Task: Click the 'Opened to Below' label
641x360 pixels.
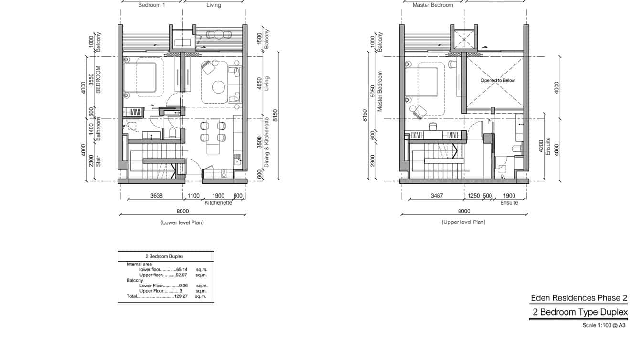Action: click(498, 80)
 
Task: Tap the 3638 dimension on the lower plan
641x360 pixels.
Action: click(157, 196)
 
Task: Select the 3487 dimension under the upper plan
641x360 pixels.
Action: click(437, 196)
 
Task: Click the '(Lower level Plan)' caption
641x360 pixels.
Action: click(182, 222)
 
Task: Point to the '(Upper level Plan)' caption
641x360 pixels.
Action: click(463, 222)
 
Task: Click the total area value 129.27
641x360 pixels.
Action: click(181, 296)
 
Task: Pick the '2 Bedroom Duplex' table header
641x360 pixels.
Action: click(164, 256)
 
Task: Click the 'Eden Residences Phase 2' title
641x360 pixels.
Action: click(579, 298)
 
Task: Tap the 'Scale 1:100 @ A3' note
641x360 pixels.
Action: click(604, 325)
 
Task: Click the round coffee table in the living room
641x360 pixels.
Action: click(218, 87)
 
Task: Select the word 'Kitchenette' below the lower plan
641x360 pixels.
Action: click(218, 203)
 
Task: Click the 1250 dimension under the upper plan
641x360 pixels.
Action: click(473, 196)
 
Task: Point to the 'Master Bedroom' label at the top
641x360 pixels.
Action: click(433, 5)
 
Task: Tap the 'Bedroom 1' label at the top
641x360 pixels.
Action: click(151, 5)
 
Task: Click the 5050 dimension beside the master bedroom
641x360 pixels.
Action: click(372, 91)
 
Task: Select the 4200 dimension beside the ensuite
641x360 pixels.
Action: click(541, 146)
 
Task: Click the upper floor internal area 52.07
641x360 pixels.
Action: click(181, 275)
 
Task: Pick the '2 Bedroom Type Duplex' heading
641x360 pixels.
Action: click(580, 312)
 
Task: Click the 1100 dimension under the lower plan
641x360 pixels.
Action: click(193, 196)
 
